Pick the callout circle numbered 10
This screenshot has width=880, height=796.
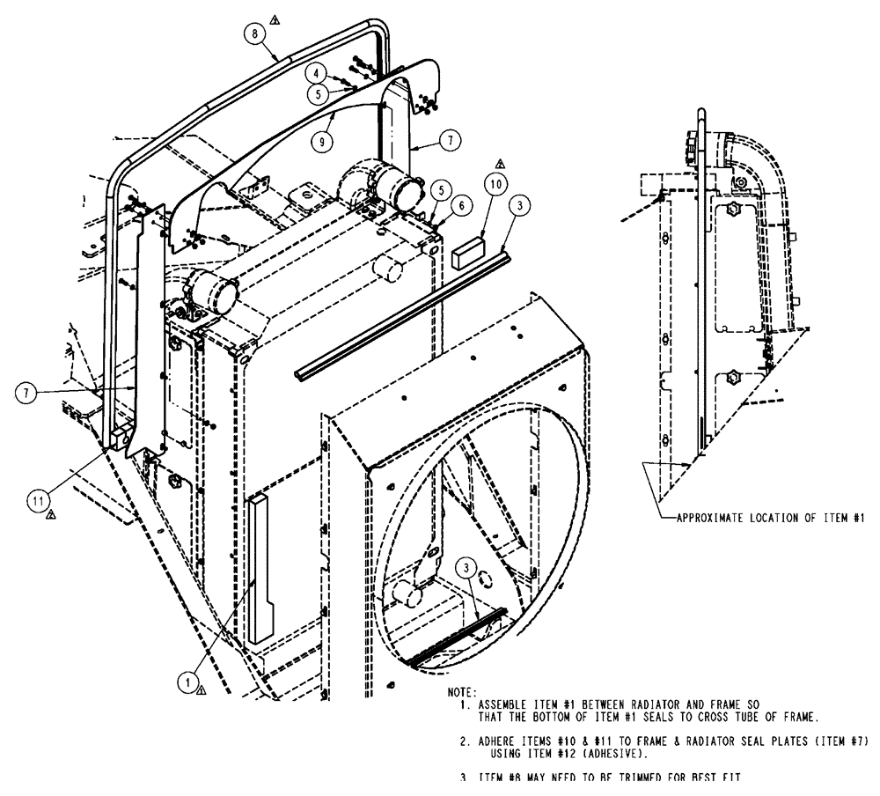495,184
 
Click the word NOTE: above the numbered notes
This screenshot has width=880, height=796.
463,694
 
